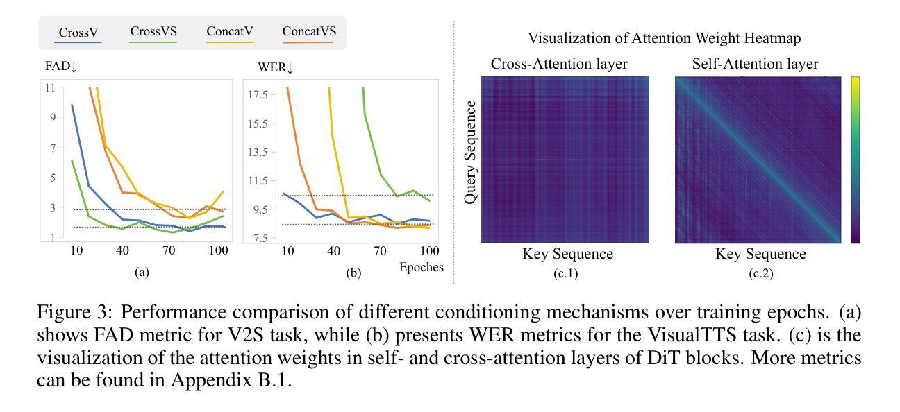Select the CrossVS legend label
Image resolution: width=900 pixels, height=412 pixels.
(x=153, y=31)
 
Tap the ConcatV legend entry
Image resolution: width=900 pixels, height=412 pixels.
(x=229, y=31)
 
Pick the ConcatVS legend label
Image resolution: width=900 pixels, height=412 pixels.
(x=309, y=31)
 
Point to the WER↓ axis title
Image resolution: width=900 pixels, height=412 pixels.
(x=276, y=67)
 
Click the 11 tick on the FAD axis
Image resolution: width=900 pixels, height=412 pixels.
(x=49, y=87)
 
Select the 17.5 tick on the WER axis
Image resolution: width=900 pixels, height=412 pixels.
(x=258, y=94)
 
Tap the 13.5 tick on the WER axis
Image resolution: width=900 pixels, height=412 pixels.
(x=258, y=152)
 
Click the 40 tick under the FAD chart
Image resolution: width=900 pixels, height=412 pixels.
(x=122, y=250)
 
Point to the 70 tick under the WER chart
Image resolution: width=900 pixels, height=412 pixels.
(x=380, y=250)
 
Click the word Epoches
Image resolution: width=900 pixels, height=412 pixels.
(x=421, y=267)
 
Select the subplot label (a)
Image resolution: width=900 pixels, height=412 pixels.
(x=142, y=273)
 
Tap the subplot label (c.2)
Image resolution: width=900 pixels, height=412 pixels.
(x=760, y=273)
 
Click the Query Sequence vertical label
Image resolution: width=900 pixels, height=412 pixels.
(x=472, y=152)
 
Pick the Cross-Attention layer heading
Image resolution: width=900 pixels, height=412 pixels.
(x=559, y=65)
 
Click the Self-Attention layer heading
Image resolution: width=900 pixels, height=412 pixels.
(x=756, y=65)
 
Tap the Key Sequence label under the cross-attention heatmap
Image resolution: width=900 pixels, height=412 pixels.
(x=567, y=255)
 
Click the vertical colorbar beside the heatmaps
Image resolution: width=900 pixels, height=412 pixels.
(x=854, y=160)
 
